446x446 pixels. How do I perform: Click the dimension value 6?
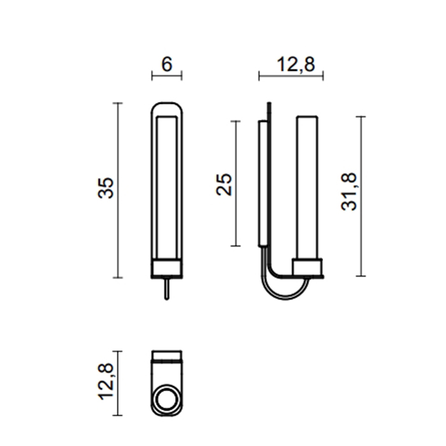(167, 64)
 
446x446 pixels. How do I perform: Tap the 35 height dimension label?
(106, 188)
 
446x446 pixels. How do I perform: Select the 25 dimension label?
(224, 184)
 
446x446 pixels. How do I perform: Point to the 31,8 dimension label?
(349, 191)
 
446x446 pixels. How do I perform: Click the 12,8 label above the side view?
(296, 64)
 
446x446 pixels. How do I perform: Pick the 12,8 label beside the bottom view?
(106, 382)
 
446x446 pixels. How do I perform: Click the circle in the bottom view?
(167, 399)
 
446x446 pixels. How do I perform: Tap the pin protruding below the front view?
(167, 289)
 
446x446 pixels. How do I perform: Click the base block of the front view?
(167, 268)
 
